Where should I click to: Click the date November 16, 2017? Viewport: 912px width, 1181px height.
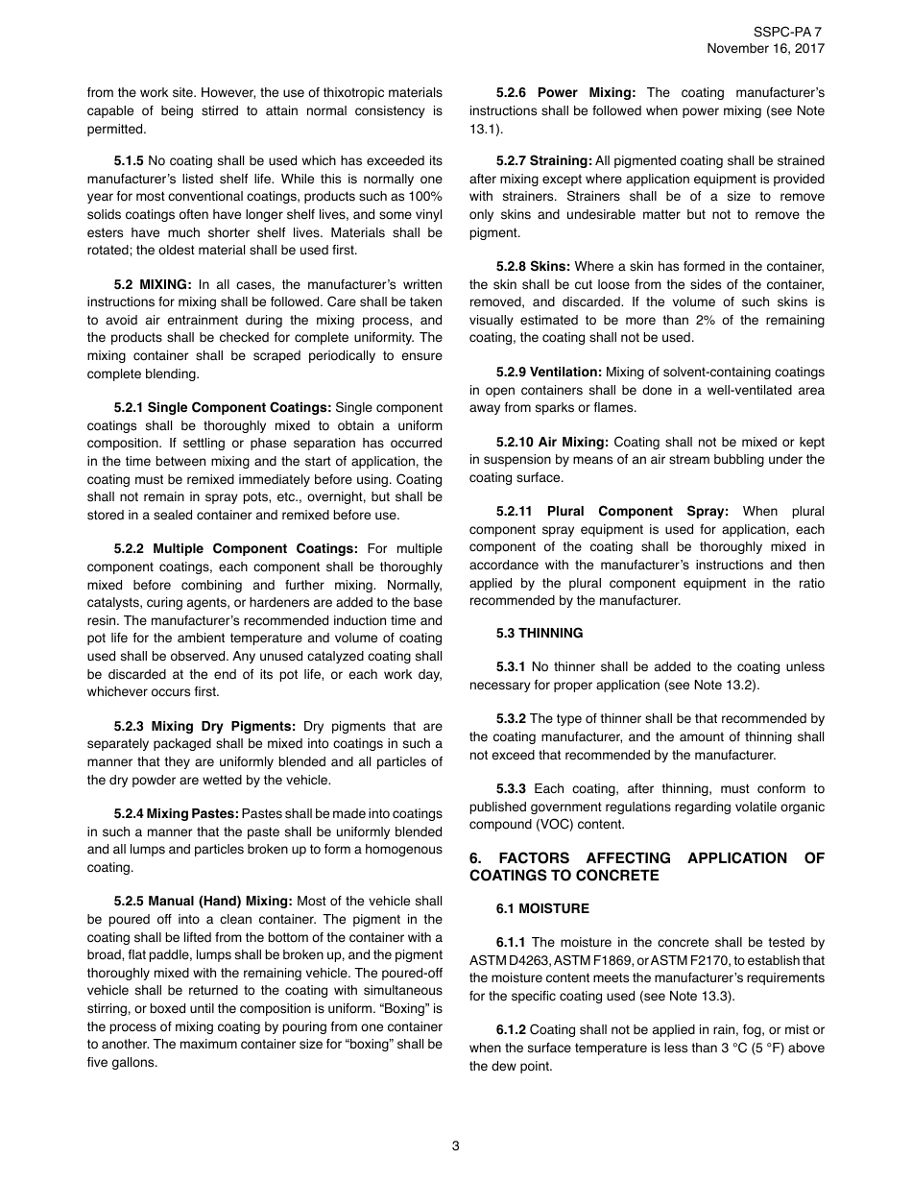765,49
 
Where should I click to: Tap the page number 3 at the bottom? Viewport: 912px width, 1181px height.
456,1145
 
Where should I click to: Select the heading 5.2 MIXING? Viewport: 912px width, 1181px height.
153,285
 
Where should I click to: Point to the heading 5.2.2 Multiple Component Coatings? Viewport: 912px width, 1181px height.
235,549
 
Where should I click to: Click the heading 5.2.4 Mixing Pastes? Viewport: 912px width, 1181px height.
176,814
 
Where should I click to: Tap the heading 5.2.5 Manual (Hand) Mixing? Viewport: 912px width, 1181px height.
203,902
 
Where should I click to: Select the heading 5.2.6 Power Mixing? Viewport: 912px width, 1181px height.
565,93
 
